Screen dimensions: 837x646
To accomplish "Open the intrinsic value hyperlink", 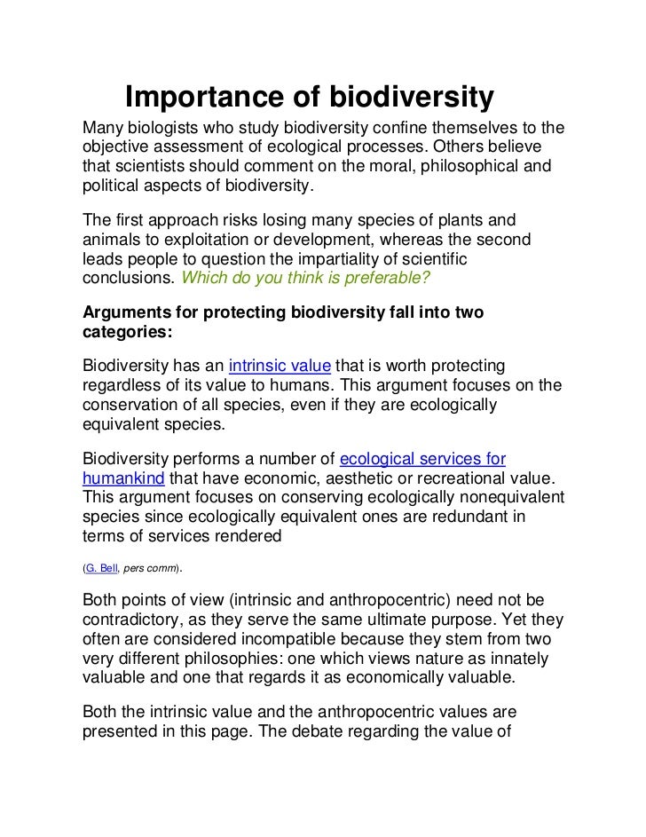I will tap(280, 367).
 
